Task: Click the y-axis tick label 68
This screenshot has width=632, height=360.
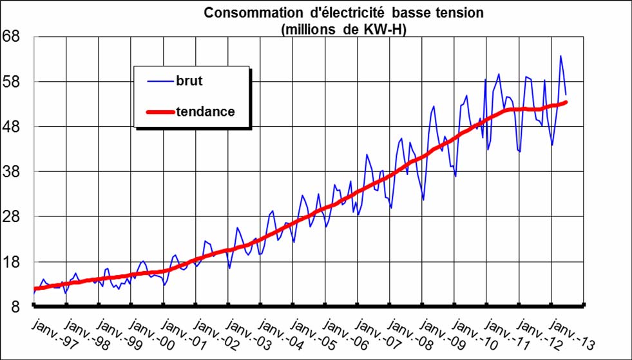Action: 14,37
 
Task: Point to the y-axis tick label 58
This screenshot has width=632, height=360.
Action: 14,82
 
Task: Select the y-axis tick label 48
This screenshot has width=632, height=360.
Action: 14,127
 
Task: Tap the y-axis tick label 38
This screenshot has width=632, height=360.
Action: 14,172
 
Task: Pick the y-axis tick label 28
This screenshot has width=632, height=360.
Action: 14,217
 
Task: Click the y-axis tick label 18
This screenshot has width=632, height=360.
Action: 14,262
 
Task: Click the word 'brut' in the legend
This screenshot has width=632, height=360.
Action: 189,81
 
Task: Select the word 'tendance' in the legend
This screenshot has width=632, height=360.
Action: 205,111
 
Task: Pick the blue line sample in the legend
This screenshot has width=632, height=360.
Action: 160,81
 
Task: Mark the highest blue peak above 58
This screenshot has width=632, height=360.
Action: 560,56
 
